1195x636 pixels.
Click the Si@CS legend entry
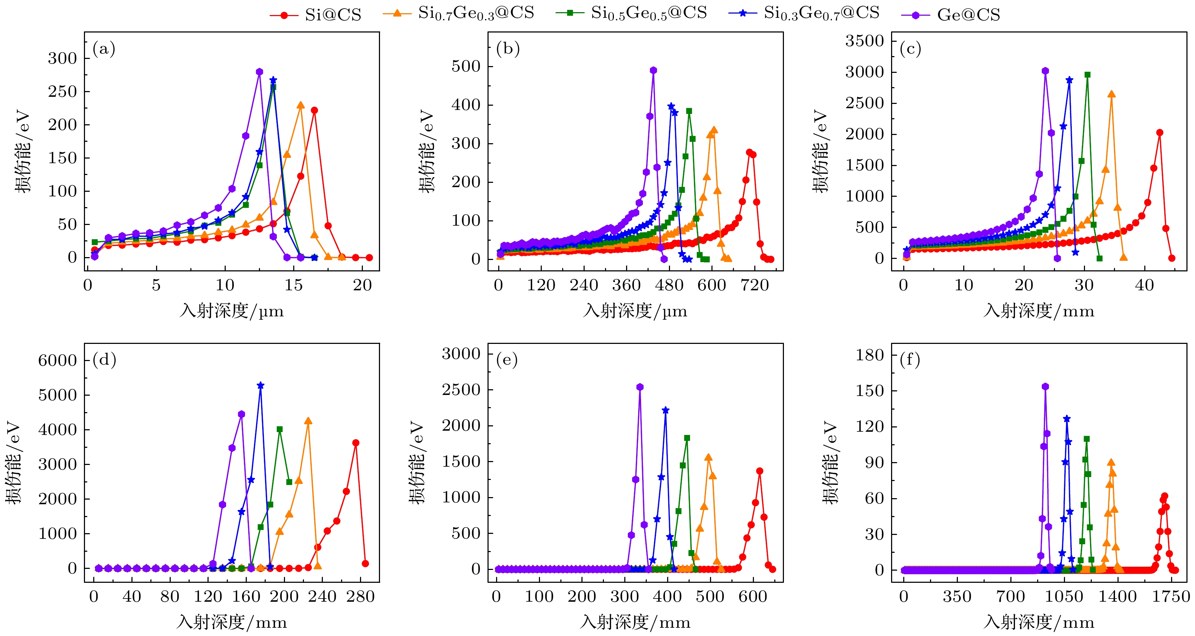315,15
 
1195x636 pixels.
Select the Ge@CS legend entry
951,15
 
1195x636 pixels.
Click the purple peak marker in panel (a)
259,72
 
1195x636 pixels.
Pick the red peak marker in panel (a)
314,110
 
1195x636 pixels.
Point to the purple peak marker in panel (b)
653,70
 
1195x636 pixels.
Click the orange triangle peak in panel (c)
1111,95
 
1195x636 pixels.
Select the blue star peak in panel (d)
260,386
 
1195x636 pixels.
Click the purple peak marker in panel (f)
1045,386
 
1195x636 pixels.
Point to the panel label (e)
506,360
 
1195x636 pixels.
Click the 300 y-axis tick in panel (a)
62,59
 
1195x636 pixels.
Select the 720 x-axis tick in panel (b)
755,285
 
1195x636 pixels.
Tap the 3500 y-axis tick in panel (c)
864,41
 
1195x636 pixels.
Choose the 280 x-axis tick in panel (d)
360,597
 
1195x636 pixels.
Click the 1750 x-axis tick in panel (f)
1171,597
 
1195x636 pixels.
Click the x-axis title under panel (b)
635,311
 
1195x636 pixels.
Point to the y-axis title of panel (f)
830,462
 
